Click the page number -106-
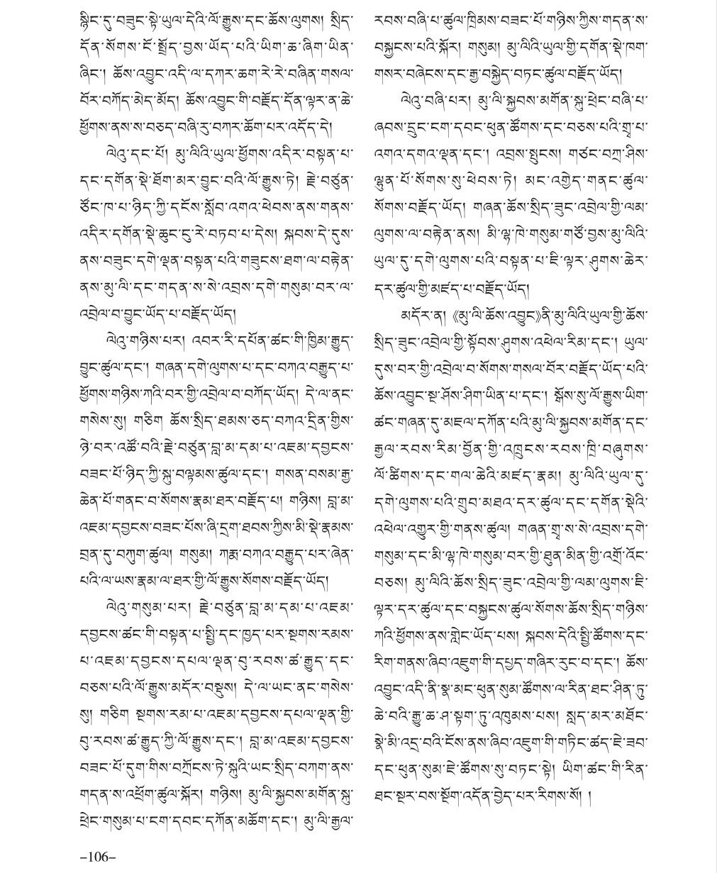(97, 857)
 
